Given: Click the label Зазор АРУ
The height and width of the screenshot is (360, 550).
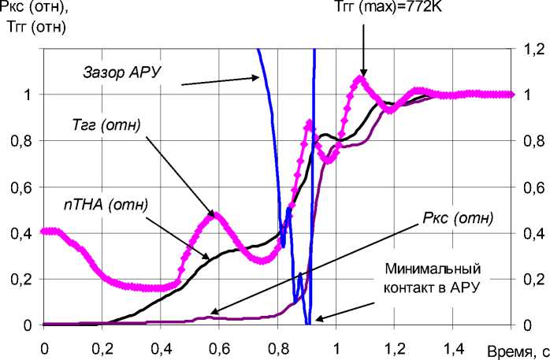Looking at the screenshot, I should (122, 72).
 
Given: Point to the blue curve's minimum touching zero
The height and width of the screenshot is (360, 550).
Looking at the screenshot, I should (308, 323).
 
